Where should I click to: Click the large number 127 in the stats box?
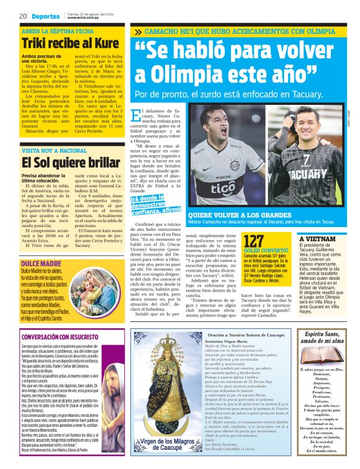(254, 241)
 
